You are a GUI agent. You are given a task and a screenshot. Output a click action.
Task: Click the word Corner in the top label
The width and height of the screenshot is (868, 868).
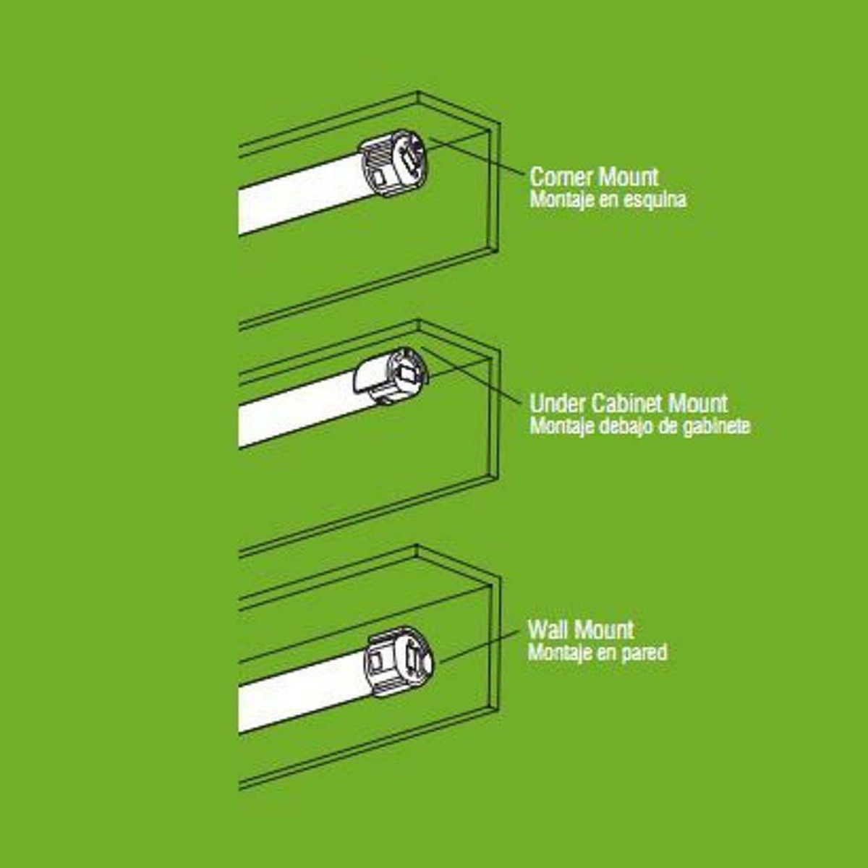(561, 176)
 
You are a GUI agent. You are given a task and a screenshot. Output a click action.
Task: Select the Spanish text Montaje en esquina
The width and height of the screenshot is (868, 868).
(608, 200)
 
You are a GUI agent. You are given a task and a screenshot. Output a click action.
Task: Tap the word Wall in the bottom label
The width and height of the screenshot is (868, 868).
(546, 629)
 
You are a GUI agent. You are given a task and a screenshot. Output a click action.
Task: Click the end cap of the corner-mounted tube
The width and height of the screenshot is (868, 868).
(393, 163)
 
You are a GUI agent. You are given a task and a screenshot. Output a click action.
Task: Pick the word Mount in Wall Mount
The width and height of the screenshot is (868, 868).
(603, 629)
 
